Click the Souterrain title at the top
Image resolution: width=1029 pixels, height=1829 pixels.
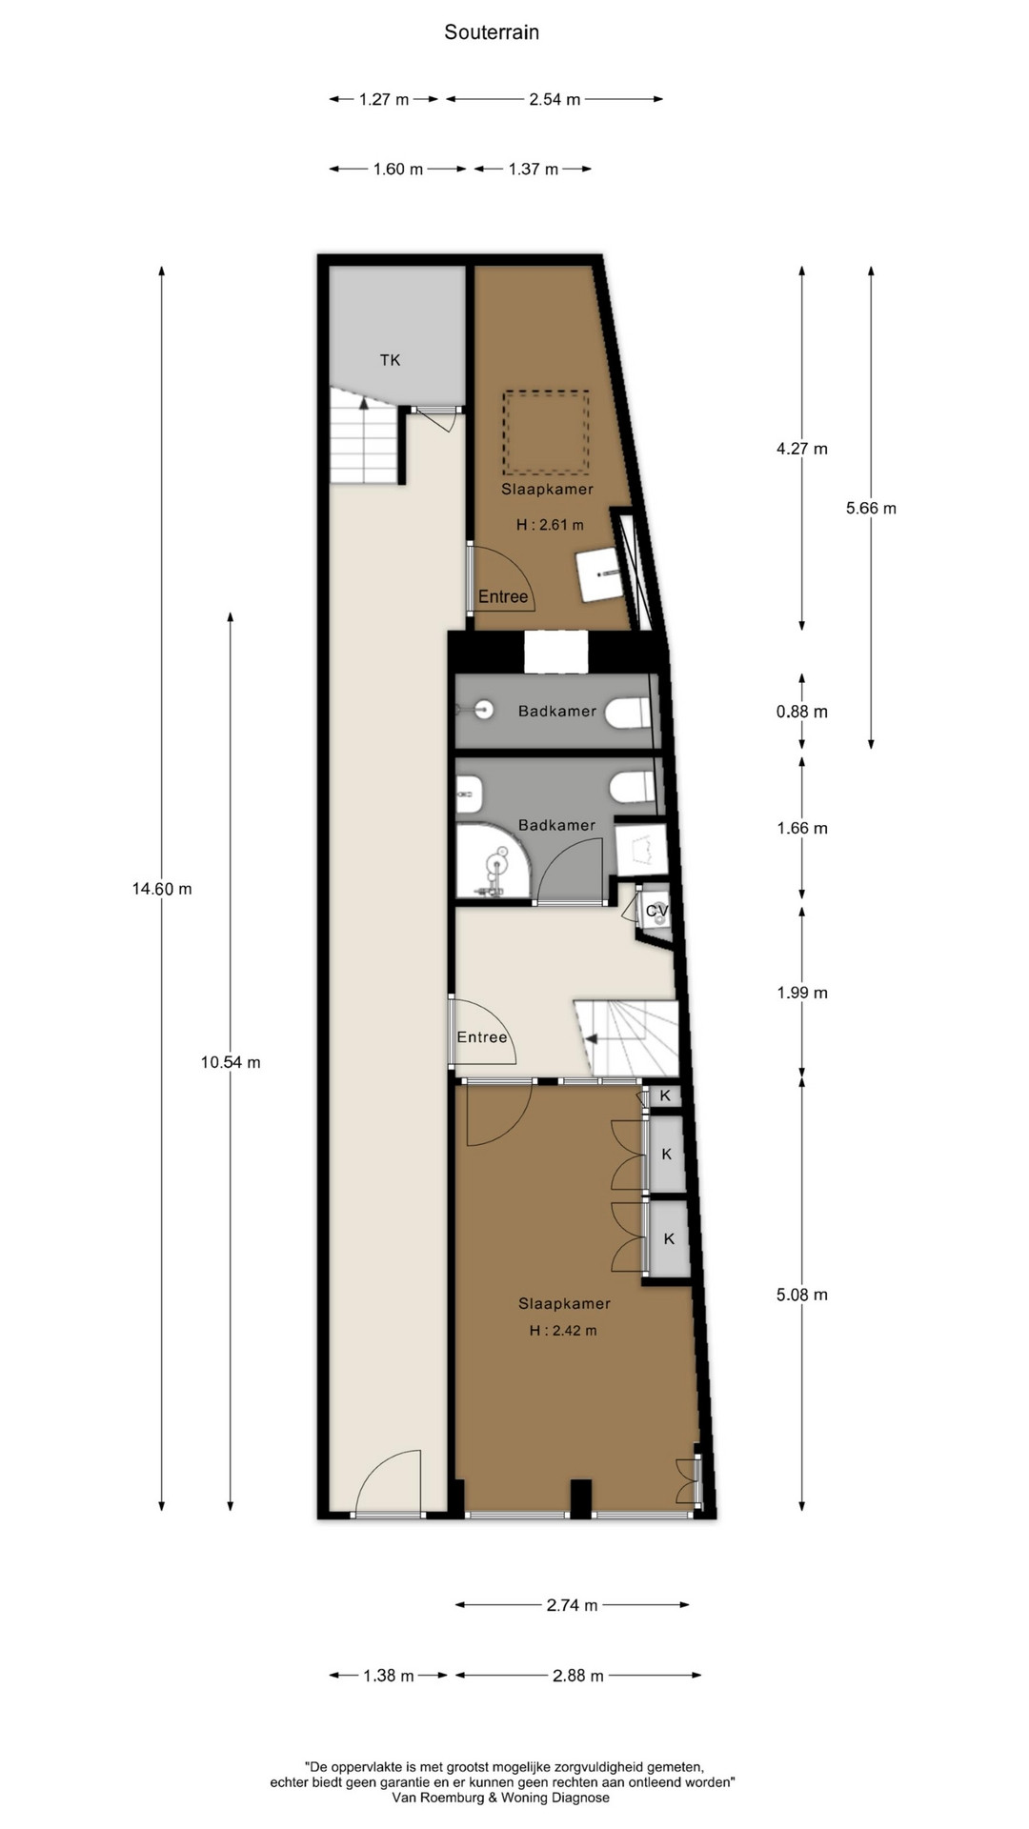(492, 32)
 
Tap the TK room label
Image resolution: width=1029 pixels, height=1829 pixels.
(390, 360)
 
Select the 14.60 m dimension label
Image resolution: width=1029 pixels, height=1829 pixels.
(162, 889)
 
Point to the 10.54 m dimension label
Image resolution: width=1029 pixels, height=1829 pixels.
(231, 1062)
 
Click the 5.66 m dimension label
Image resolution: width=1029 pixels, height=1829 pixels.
(871, 508)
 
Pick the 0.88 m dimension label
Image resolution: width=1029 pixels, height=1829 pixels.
(802, 712)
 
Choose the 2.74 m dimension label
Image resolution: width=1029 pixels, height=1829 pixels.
(573, 1605)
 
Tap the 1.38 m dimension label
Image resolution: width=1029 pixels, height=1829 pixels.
(389, 1676)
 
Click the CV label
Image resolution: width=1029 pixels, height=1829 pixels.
(657, 912)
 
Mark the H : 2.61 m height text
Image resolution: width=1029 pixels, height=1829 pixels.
(550, 525)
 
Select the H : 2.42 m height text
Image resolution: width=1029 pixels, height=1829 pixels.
(563, 1331)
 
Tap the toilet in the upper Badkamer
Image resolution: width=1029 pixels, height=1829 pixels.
(630, 712)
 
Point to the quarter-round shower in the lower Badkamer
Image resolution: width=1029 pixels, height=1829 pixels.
(493, 861)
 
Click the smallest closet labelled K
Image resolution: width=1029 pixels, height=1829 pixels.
(664, 1095)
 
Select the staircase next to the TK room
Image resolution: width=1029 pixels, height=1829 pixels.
(363, 439)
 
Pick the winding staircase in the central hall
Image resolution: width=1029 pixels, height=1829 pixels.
(626, 1038)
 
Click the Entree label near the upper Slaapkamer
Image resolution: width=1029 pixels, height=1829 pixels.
(503, 597)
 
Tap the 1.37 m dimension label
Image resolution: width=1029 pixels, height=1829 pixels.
(534, 170)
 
